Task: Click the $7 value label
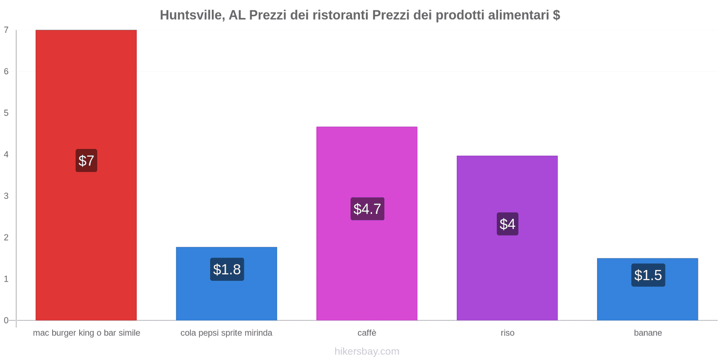coord(86,161)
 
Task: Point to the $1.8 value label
coord(227,270)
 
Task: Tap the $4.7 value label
coord(367,209)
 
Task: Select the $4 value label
coord(507,224)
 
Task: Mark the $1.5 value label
coord(648,275)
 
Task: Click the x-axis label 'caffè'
coord(367,333)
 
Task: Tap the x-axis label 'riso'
coord(507,333)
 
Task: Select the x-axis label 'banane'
coord(648,333)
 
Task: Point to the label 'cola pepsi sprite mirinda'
coord(226,333)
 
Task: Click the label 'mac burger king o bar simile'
coord(86,333)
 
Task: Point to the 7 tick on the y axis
coord(6,30)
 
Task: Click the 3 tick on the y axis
coord(6,196)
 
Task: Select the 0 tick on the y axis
coord(6,320)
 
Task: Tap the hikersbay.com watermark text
coord(367,351)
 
